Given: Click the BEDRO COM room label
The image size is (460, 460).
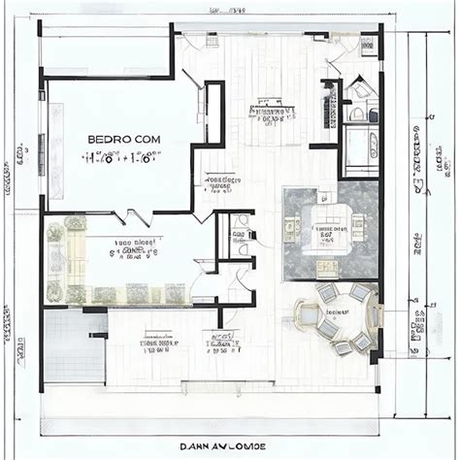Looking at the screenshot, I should coord(125,139).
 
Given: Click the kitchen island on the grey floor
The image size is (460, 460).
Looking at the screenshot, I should coord(324,233).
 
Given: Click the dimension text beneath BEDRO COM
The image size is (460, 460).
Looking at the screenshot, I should coord(125,158).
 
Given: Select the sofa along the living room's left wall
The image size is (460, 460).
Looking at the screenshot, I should coord(56,258).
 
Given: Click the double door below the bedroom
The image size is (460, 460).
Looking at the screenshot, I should coord(141,217).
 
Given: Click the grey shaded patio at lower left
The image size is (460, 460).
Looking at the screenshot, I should coord(74,345).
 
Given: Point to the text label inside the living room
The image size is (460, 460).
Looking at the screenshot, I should coord(136,250).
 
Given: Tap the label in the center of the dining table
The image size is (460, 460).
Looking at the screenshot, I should coord(338,313).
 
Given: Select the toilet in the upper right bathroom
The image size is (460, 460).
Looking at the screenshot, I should coord(360,92).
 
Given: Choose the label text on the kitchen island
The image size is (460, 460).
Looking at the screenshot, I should coord(324,233).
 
